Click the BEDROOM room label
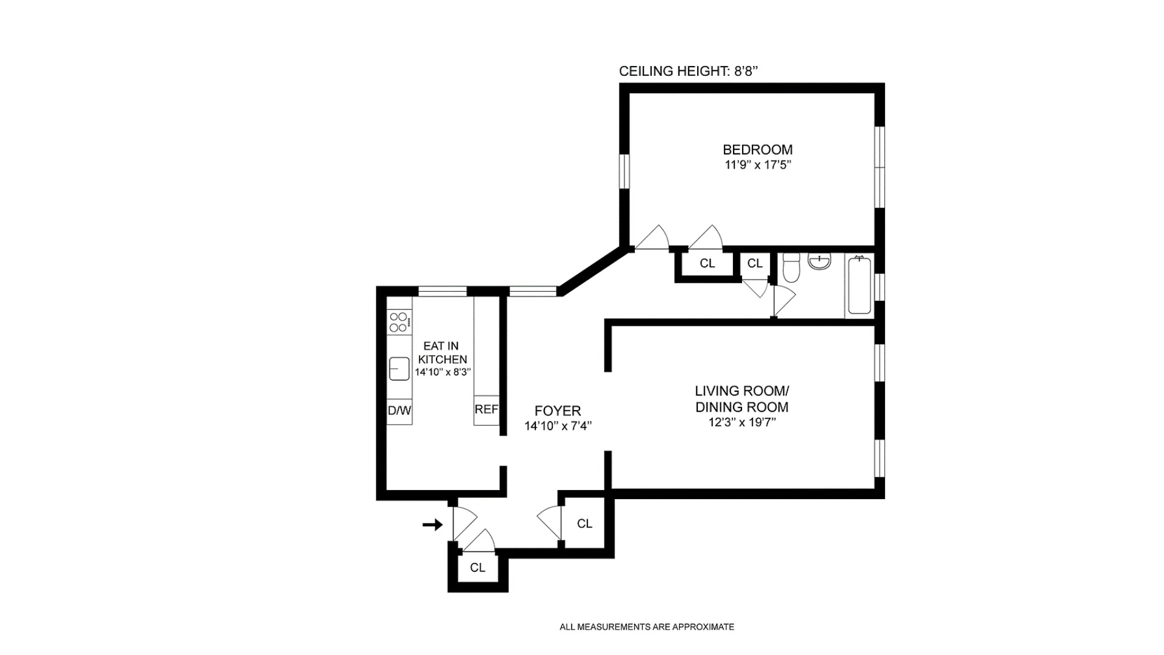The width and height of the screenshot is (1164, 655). pos(757,149)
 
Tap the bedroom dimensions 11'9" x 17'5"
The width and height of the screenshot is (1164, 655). pos(758,165)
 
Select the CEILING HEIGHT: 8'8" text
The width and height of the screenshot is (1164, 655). pos(688,71)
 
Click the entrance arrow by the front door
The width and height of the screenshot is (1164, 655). pos(432,525)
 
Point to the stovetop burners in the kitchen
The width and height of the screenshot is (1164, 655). pos(399,322)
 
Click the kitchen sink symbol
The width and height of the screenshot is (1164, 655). pos(399,368)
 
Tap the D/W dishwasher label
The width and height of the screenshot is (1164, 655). pos(399,411)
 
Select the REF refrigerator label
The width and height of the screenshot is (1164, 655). pos(486,409)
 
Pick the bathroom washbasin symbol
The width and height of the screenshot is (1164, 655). pos(819,261)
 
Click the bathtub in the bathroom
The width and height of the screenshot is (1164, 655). pos(859,286)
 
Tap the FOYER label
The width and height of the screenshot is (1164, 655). pos(557,411)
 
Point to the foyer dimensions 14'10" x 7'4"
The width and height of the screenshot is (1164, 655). pos(557,426)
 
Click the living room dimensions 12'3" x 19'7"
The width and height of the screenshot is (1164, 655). pos(742,422)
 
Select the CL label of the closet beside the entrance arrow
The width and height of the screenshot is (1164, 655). pos(478,568)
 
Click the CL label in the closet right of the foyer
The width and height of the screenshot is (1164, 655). pos(584,523)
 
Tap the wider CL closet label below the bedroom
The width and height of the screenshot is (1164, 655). pos(707,263)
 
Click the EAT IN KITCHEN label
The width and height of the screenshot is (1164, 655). pos(442,352)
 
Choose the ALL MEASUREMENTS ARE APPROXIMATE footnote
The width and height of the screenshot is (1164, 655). pos(646,627)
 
